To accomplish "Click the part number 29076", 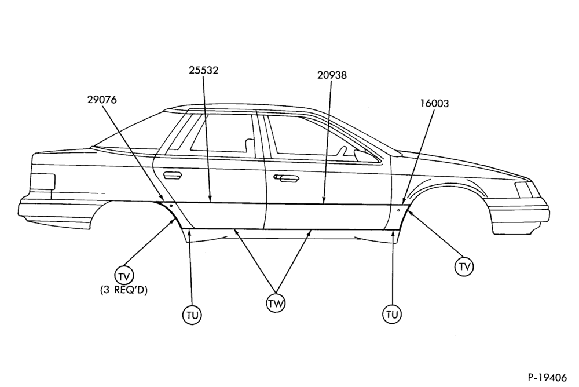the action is point(102,100).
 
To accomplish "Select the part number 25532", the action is point(203,70).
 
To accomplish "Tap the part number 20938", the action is point(332,75).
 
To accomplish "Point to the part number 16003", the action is point(434,104).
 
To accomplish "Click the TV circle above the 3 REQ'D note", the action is point(124,275).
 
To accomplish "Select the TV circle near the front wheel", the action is point(464,266).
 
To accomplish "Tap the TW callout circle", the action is point(276,304).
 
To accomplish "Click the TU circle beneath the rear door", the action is point(192,315).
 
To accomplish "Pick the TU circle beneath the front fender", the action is point(392,314).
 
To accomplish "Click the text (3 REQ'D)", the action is point(124,290).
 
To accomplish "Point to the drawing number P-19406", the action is point(547,377).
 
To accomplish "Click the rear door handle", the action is point(173,176).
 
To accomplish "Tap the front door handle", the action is point(287,178).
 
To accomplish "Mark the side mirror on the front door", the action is point(360,155).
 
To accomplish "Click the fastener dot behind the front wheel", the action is point(399,210).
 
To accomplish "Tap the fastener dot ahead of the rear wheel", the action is point(171,206).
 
